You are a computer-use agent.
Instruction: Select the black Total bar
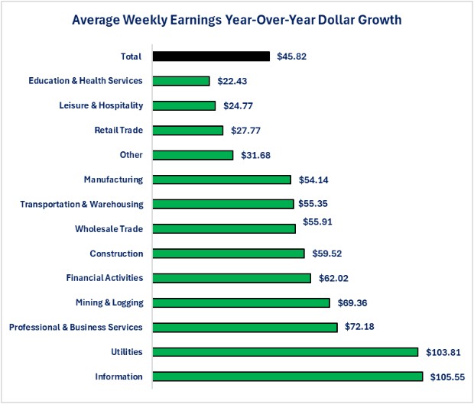tap(211, 57)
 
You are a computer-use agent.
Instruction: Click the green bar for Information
tap(287, 377)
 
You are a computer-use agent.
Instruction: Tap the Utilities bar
tap(285, 352)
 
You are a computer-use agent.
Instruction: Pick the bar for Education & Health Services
tap(181, 81)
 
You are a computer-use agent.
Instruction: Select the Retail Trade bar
tap(188, 131)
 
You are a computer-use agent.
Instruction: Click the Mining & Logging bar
tap(241, 302)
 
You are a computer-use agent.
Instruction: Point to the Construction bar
tap(229, 254)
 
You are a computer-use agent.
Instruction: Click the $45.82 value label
tap(293, 57)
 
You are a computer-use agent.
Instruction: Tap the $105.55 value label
tap(447, 377)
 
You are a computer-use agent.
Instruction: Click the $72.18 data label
tap(360, 328)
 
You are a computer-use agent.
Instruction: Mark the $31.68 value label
tap(256, 155)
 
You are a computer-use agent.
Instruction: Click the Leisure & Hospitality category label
tap(101, 105)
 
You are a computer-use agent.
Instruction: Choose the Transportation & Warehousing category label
tap(82, 204)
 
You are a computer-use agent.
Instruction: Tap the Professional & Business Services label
tap(76, 327)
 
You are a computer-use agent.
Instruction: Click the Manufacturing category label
tap(113, 179)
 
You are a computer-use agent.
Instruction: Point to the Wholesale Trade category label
tap(109, 228)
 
